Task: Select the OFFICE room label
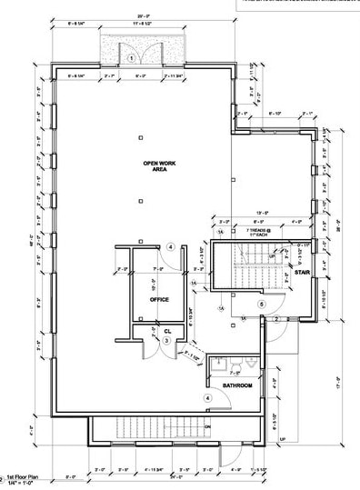160,299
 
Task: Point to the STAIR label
303,272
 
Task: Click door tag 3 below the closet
166,341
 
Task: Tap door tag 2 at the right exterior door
275,319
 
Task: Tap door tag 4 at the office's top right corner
170,247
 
